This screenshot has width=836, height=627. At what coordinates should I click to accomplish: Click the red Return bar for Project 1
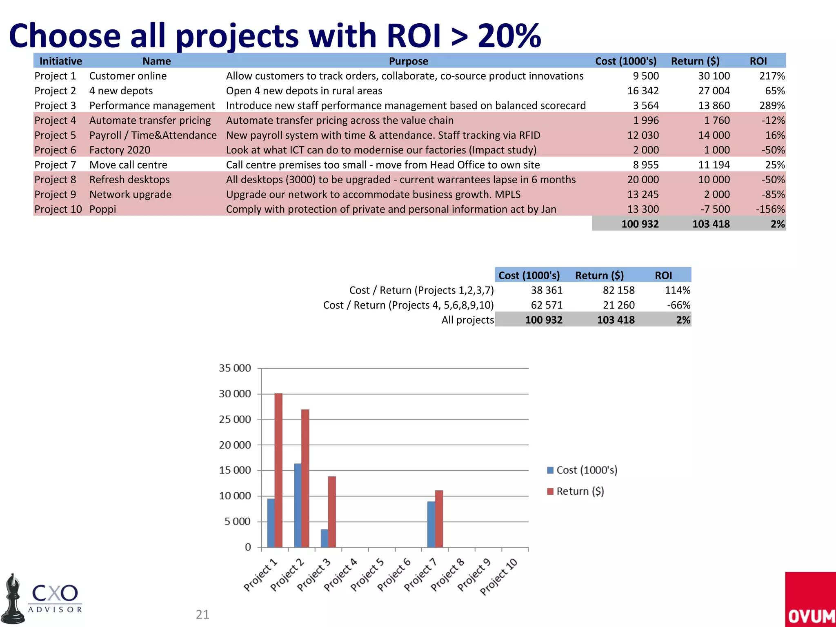click(278, 469)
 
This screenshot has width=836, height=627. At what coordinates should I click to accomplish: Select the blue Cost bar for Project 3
click(324, 538)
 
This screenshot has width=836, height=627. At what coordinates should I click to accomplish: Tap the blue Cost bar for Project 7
click(431, 524)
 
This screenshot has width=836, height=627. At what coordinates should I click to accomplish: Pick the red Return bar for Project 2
click(305, 478)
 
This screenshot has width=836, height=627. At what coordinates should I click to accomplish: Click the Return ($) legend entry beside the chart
click(576, 491)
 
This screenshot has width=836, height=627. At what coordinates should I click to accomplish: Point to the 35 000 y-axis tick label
click(235, 368)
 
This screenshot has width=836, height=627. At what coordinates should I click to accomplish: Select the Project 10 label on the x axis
click(499, 576)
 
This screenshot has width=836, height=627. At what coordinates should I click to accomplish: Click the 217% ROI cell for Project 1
click(772, 76)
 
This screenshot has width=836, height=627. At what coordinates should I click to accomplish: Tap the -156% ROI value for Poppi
click(770, 209)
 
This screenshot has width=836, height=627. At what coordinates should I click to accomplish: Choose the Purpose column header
click(408, 61)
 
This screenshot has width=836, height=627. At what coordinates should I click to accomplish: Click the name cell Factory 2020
click(120, 150)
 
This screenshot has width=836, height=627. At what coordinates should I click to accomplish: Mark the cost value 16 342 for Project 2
click(643, 91)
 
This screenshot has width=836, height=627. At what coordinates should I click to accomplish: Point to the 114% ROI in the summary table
click(678, 290)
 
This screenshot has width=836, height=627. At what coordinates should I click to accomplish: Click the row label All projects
click(467, 320)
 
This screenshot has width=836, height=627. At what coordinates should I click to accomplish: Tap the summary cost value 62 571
click(547, 305)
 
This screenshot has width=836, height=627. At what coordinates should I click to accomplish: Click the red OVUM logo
click(810, 599)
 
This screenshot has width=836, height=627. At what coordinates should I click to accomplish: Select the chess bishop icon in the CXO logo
click(13, 599)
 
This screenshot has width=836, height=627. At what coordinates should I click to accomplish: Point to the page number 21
click(202, 614)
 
